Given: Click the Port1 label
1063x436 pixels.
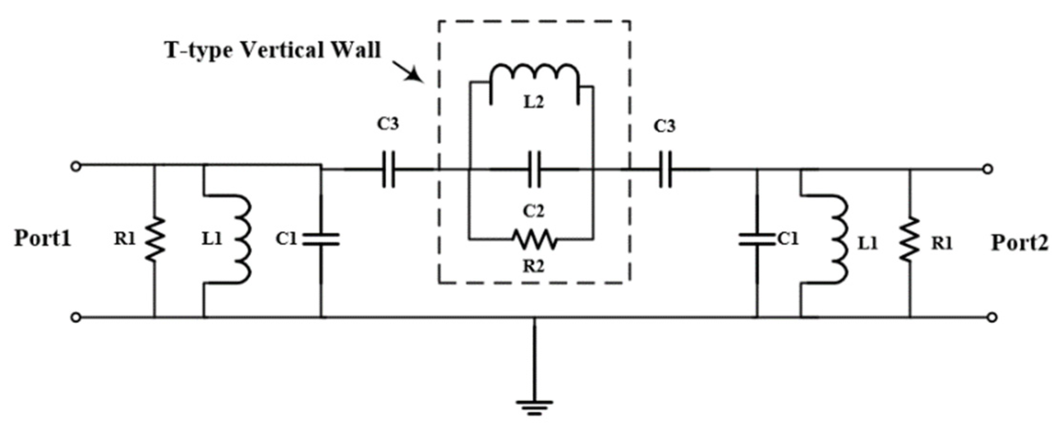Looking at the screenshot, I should pyautogui.click(x=43, y=238).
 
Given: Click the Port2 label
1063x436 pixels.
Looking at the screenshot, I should pyautogui.click(x=1020, y=243).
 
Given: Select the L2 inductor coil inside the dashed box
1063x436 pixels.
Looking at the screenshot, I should pyautogui.click(x=534, y=78).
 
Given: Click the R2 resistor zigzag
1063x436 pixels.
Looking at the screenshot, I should pyautogui.click(x=534, y=239).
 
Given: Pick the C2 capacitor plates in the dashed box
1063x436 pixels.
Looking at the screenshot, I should pyautogui.click(x=535, y=169).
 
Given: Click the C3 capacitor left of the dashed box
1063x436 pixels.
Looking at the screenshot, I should pyautogui.click(x=389, y=169).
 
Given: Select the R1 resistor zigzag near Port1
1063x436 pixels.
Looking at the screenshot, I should pyautogui.click(x=155, y=239).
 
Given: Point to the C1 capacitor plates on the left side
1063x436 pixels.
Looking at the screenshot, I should pyautogui.click(x=321, y=239).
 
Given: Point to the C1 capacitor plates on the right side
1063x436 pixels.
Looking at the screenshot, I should pyautogui.click(x=757, y=239).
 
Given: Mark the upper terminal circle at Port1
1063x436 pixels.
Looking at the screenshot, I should pyautogui.click(x=76, y=166).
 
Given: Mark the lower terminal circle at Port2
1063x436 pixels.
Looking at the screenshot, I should pyautogui.click(x=992, y=317).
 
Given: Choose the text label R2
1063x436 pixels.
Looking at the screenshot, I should pyautogui.click(x=533, y=267).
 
